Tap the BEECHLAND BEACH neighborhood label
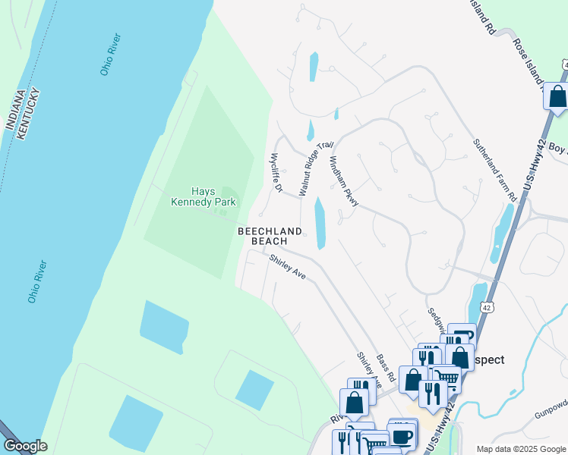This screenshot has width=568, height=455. pos(270,236)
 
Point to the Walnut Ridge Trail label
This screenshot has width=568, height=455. pos(316,168)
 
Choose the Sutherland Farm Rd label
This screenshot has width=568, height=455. pos(495,169)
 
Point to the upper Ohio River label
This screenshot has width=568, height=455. pos(111,55)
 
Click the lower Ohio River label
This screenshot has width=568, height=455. pos(37,281)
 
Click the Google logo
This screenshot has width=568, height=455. pos(25,446)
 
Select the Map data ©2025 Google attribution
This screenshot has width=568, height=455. pos(521,448)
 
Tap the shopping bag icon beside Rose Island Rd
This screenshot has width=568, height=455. pos(557,97)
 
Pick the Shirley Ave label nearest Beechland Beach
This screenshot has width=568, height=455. pos(288,267)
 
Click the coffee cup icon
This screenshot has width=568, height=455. pos(402,436)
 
